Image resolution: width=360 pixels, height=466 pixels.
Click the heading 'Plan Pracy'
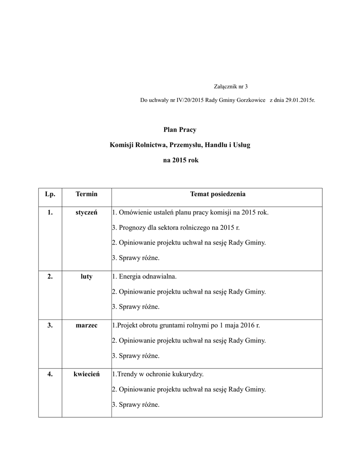click(x=180, y=130)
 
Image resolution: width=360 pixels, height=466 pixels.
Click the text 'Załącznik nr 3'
click(x=231, y=86)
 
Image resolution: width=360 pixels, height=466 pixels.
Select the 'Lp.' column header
click(x=50, y=194)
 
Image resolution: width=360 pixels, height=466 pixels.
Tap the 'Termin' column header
click(x=86, y=194)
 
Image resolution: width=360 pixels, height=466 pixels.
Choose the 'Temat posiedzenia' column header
click(x=218, y=194)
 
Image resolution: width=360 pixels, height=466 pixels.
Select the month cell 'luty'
click(x=86, y=277)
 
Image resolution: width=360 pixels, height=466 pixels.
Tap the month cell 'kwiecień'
click(x=86, y=374)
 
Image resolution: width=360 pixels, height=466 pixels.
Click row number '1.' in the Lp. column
click(x=50, y=213)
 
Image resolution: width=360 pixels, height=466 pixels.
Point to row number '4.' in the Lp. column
click(x=50, y=374)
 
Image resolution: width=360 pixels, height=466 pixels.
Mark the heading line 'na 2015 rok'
click(x=181, y=160)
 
